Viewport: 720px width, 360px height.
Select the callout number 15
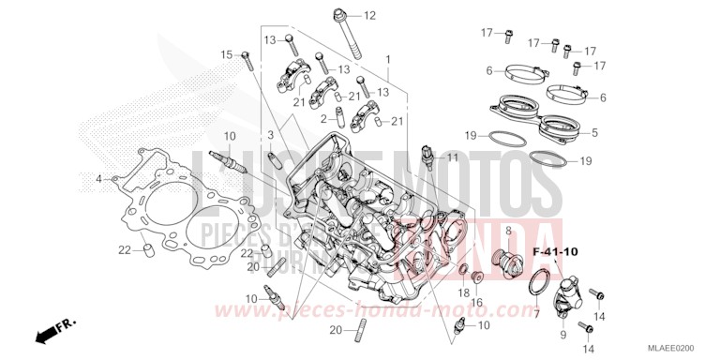pyautogui.click(x=225, y=55)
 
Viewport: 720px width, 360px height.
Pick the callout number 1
pyautogui.click(x=388, y=58)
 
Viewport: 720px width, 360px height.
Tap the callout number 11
pyautogui.click(x=454, y=157)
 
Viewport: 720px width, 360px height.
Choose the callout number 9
pyautogui.click(x=563, y=335)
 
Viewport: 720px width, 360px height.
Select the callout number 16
pyautogui.click(x=476, y=302)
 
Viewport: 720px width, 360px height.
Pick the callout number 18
pyautogui.click(x=463, y=293)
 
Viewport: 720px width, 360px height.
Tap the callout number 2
pyautogui.click(x=322, y=119)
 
